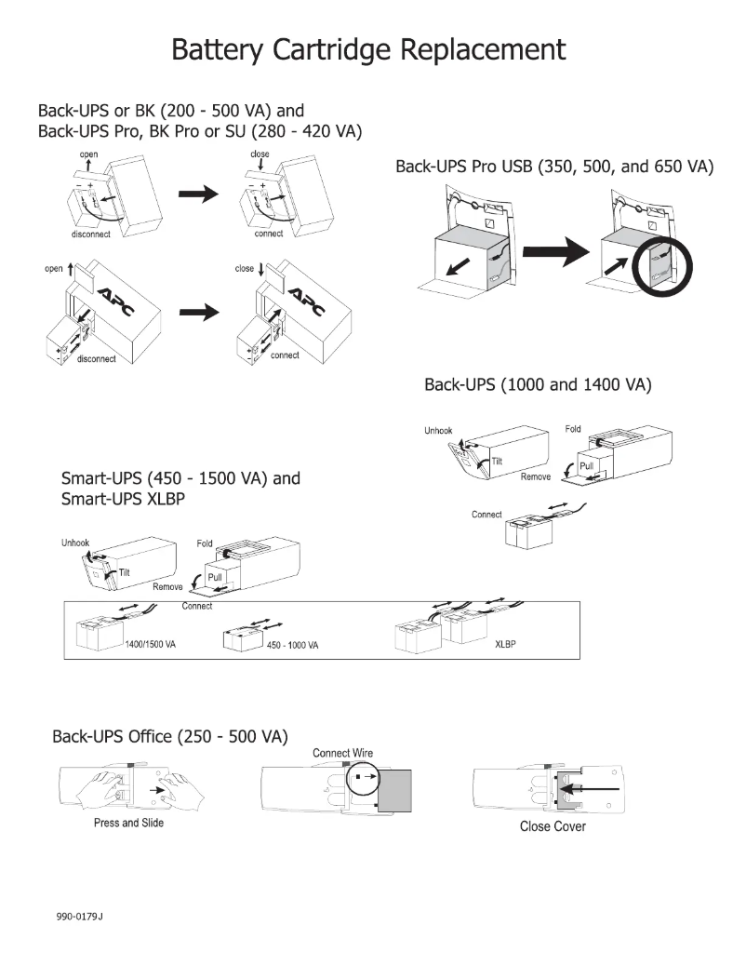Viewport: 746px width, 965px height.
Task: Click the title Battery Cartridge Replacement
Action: pos(368,49)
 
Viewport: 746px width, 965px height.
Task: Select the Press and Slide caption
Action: pos(128,823)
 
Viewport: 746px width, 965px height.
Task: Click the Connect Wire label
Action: pos(343,753)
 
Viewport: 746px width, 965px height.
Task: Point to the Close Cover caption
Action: pos(553,826)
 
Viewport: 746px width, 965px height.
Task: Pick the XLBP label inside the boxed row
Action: pos(506,643)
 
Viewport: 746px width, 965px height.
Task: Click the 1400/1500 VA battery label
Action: pos(150,645)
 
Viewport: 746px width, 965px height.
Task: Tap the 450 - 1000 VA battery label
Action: pos(293,646)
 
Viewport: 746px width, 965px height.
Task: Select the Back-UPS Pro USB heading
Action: pos(554,168)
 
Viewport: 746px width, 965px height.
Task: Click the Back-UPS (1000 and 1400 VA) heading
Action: pos(537,385)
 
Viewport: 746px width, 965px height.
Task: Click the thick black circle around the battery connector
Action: pos(659,270)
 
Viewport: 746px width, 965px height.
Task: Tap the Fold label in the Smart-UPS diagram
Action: pos(204,543)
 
